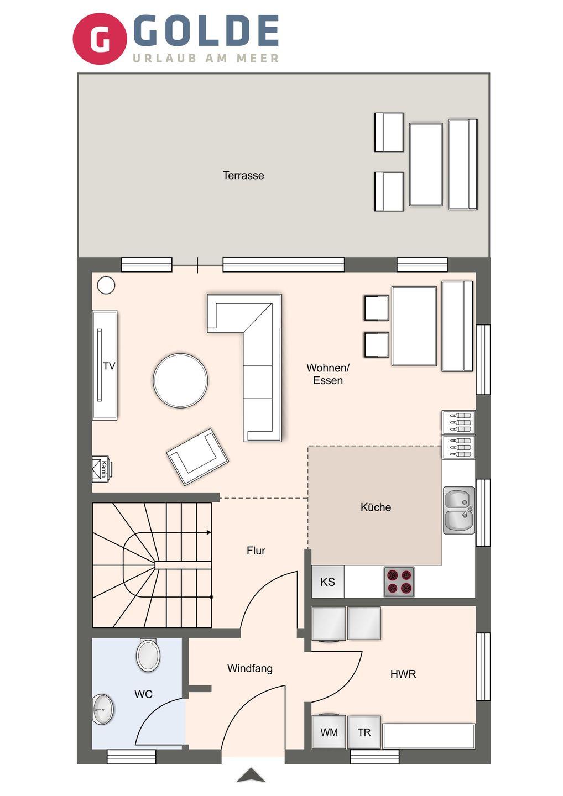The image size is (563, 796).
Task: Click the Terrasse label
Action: point(243,176)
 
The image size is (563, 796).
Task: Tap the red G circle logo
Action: point(100,39)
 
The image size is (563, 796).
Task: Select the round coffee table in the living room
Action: point(180,380)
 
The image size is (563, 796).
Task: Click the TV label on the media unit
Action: point(109,366)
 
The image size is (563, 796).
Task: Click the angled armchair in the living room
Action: point(197,457)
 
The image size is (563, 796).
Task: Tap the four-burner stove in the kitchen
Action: point(399,582)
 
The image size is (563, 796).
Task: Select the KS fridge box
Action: point(328,582)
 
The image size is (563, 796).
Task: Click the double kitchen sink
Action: point(459,510)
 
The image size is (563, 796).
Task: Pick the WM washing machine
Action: point(329,732)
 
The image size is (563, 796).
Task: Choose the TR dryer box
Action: point(364,732)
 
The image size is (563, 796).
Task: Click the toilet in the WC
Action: point(148,655)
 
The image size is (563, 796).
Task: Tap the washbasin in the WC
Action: point(103,709)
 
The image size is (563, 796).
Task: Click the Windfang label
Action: point(250,668)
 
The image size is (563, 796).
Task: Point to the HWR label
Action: point(403,674)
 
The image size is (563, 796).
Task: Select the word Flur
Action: point(256,551)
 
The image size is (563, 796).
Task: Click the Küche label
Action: point(376,507)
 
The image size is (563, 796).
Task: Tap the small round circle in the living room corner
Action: point(106,285)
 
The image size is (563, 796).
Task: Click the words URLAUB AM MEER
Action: point(205,58)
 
